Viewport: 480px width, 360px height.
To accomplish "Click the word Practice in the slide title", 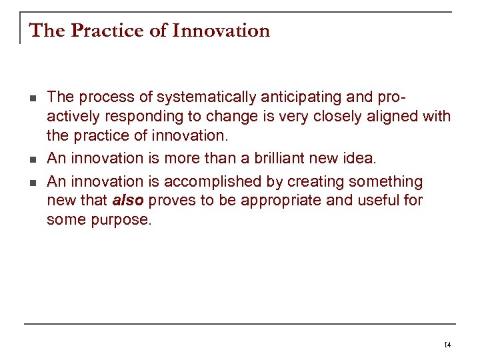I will click(101, 31).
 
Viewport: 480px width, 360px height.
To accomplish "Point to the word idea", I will click(361, 159).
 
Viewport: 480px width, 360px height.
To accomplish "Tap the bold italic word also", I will click(129, 201).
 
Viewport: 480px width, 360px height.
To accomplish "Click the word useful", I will click(378, 201).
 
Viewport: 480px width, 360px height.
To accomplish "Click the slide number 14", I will click(447, 345).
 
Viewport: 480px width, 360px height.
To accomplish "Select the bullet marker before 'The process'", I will click(32, 98).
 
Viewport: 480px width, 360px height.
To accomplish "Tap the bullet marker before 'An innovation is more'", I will click(32, 159).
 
